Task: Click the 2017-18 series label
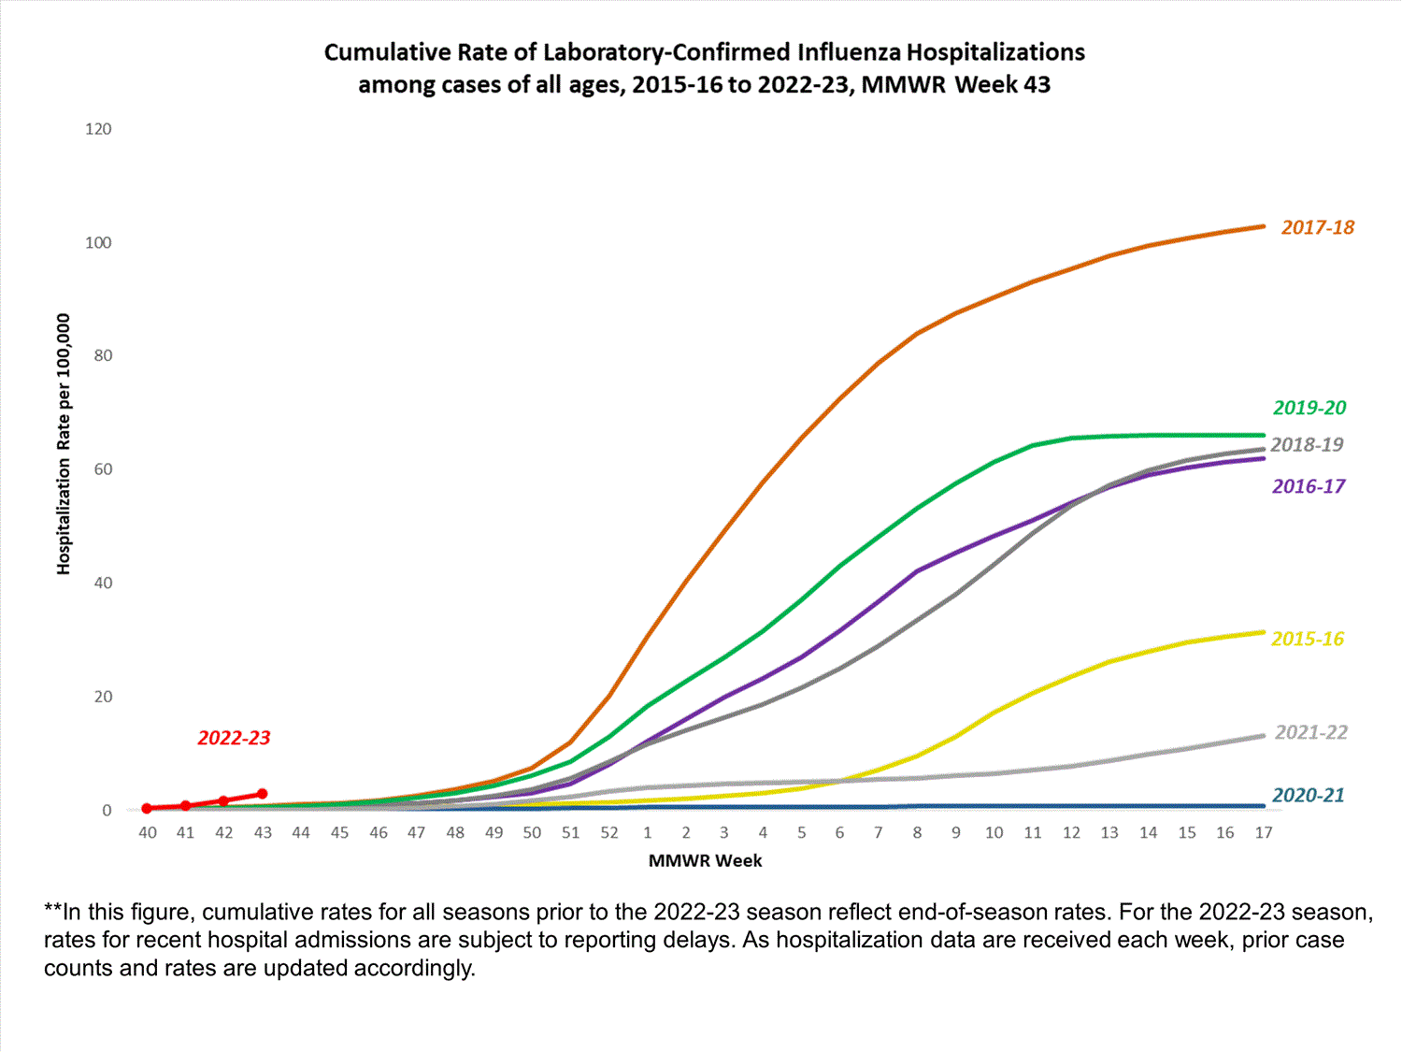point(1317,227)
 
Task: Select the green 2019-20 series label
point(1309,408)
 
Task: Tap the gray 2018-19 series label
point(1306,445)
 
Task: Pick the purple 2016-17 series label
point(1308,486)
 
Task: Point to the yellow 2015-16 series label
point(1307,639)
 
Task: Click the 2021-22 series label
point(1310,732)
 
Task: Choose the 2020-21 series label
point(1308,795)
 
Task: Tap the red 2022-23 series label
point(234,738)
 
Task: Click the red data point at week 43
point(263,794)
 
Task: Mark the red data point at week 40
point(147,808)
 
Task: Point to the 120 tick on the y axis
point(98,129)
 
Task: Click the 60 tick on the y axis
point(102,469)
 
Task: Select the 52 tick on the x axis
point(609,832)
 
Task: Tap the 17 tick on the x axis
point(1263,832)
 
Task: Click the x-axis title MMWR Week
point(705,860)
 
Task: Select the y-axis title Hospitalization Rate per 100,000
point(64,444)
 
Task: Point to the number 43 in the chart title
point(1037,85)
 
